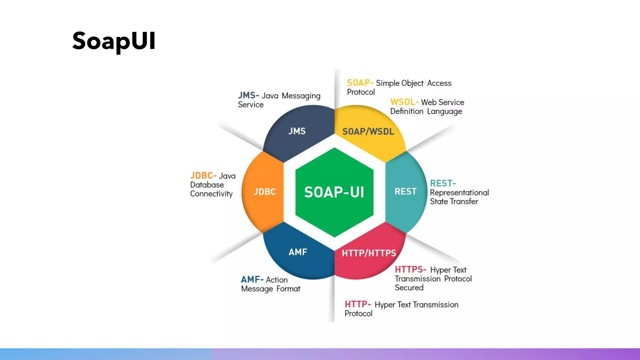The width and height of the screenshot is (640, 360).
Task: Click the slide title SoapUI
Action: (114, 41)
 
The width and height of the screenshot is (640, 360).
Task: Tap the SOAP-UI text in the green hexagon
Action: (334, 192)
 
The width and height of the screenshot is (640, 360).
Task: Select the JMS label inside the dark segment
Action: (297, 131)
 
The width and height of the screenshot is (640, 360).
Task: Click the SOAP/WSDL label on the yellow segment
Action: (368, 132)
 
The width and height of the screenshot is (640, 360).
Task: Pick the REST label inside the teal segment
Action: (405, 192)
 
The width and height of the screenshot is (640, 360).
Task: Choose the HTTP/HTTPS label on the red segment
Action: (369, 253)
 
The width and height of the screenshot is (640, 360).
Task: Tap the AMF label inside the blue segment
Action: (298, 252)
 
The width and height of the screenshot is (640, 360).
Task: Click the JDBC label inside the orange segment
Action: (265, 192)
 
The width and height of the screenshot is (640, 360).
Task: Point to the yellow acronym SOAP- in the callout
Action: (360, 83)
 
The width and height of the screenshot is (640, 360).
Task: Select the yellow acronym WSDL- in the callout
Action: (404, 102)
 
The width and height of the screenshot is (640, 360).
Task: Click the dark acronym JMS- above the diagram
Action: (248, 95)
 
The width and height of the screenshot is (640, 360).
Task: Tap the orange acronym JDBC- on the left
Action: (203, 176)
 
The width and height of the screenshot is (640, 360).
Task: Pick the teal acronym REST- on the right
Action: (443, 183)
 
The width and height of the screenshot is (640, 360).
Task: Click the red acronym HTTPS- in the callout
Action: (410, 269)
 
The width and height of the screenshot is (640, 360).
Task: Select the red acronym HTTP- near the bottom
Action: (357, 304)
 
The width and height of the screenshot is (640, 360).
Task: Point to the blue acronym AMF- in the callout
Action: (252, 279)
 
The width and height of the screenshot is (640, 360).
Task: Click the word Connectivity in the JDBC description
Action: (211, 194)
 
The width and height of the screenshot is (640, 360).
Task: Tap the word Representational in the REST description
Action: (459, 192)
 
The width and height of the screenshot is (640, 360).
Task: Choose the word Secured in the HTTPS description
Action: (409, 287)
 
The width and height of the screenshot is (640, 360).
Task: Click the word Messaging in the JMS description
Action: (301, 96)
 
